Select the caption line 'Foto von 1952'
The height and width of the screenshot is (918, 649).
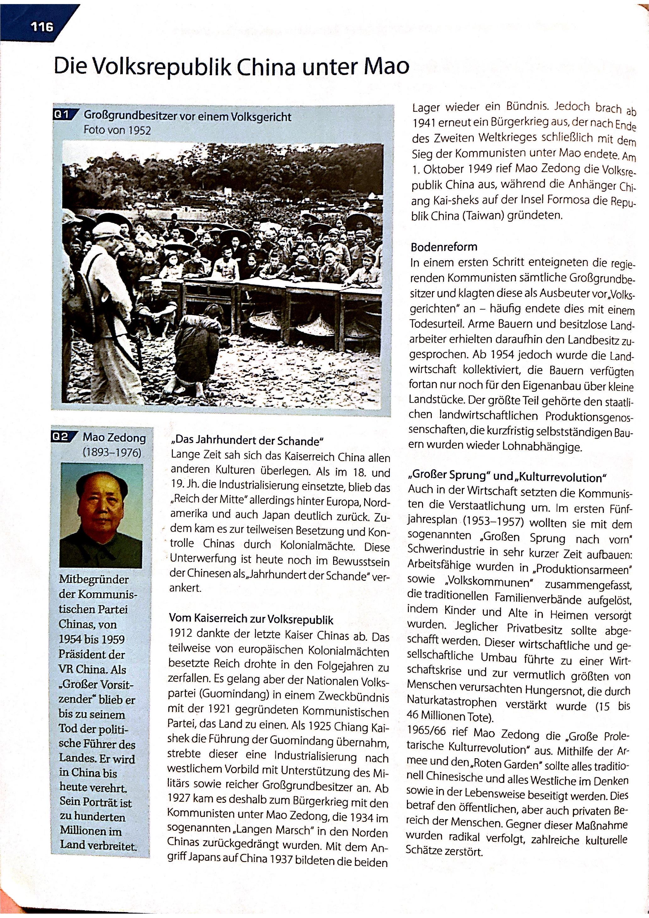[x=117, y=130]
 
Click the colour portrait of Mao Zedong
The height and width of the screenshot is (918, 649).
[x=106, y=516]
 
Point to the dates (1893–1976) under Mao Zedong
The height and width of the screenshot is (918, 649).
[x=112, y=453]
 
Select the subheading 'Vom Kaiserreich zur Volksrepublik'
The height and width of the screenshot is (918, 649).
[x=251, y=620]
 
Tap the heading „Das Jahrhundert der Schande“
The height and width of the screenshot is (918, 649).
[x=247, y=441]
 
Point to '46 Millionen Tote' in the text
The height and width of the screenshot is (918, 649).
[x=450, y=716]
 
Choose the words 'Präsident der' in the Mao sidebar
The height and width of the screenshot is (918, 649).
[x=92, y=655]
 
